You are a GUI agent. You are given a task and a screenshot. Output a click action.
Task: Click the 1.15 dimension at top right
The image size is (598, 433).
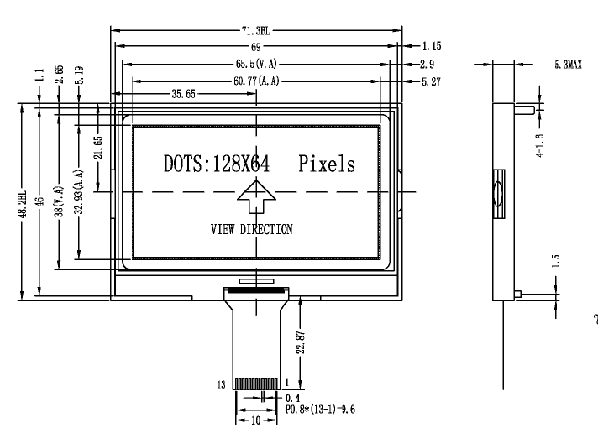432,45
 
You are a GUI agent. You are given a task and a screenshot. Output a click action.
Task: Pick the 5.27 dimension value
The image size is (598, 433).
432,81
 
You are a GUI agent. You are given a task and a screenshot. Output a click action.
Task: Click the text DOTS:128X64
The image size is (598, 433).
216,164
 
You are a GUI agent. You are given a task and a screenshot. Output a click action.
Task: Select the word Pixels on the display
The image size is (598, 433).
326,164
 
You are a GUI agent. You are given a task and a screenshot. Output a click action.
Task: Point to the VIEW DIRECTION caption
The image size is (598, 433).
252,230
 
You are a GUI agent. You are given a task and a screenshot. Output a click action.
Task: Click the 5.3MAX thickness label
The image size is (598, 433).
569,64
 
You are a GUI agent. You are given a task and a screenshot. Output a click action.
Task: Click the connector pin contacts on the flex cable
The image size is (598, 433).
252,383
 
